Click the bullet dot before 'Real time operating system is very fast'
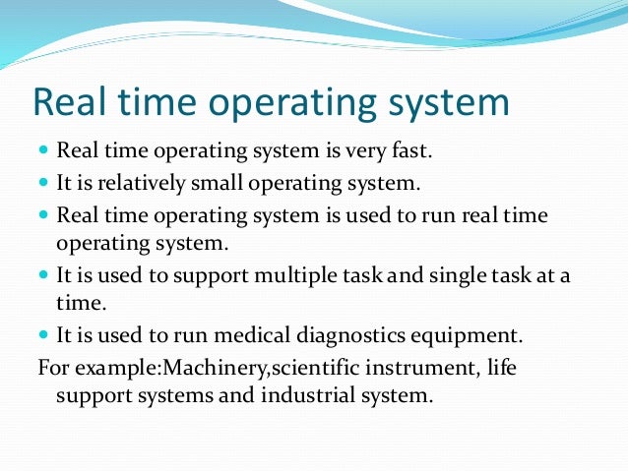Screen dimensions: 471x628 (44, 153)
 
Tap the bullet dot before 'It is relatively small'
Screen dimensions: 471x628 (44, 184)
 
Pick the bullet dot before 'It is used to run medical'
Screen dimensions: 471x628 (44, 336)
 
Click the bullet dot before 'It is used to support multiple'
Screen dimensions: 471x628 (44, 275)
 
